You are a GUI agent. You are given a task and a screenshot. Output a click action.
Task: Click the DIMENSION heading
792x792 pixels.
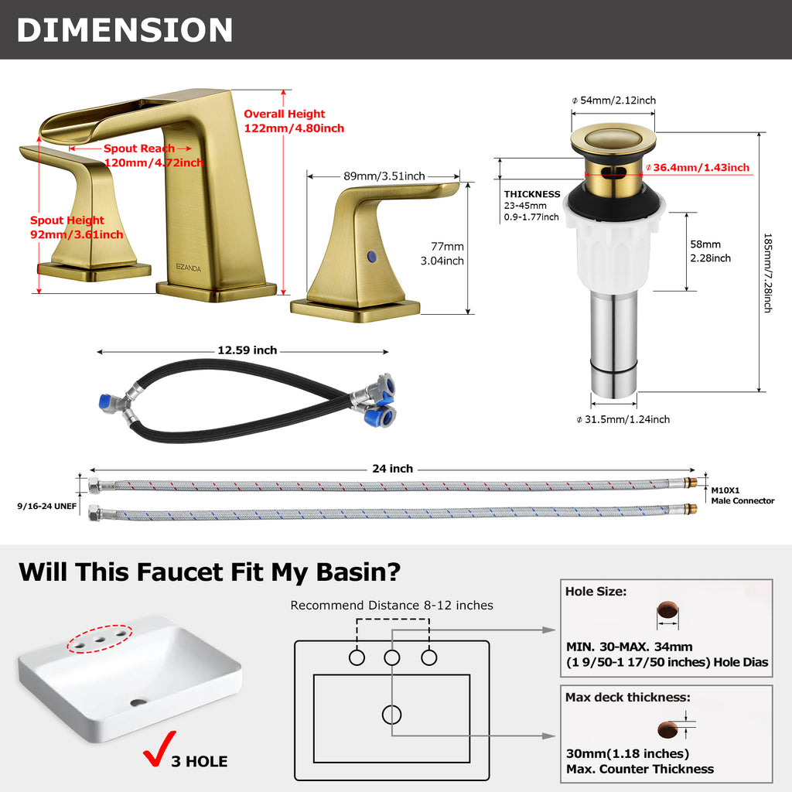pos(125,30)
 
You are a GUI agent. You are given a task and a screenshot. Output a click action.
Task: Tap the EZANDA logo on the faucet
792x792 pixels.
pos(189,268)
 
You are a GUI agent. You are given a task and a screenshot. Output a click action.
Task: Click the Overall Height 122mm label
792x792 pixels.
pos(294,121)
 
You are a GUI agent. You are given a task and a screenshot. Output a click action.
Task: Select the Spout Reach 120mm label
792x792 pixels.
pos(154,155)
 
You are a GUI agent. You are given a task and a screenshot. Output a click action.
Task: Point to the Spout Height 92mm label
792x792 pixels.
pos(77,227)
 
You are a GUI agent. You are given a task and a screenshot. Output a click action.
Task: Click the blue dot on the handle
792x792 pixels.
pos(372,256)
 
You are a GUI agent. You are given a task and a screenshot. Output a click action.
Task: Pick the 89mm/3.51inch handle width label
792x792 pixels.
pos(384,176)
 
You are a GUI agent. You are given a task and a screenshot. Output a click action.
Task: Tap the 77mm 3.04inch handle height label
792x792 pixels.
pos(442,254)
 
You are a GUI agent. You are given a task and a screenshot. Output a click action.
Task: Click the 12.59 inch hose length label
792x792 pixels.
pos(247,350)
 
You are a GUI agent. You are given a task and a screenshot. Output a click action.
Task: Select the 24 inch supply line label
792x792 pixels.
pos(392,469)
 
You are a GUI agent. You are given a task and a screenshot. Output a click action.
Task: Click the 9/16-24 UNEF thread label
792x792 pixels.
pos(47,506)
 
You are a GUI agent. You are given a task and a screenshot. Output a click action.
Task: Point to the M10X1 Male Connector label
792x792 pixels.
pos(742,496)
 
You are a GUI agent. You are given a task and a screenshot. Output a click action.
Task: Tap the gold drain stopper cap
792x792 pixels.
pos(613,138)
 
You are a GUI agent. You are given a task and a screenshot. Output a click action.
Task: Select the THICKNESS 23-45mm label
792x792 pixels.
pos(532,206)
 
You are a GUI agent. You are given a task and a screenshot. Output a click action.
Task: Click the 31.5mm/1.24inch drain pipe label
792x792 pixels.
pos(623,420)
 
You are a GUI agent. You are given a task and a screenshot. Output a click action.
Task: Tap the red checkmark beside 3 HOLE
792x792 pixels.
pos(159,748)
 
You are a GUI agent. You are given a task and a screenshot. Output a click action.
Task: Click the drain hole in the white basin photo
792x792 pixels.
pos(138,702)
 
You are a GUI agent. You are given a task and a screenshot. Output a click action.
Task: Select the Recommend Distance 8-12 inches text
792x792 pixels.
pos(392,605)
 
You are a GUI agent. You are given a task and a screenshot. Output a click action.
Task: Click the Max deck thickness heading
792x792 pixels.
pos(628,698)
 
